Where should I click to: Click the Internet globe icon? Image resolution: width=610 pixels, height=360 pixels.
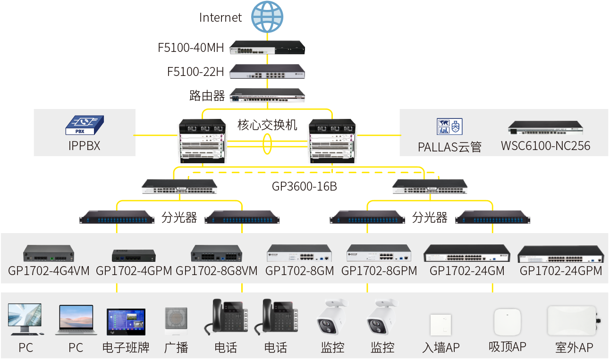tap(267, 17)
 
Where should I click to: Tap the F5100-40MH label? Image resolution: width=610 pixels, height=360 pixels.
tap(191, 48)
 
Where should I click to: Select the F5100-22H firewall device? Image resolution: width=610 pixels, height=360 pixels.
tap(267, 71)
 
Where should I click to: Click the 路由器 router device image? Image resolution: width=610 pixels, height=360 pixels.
tap(267, 95)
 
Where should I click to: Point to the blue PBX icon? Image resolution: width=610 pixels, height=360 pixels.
tap(85, 125)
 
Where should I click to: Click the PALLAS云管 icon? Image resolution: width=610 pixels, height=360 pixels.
tap(449, 126)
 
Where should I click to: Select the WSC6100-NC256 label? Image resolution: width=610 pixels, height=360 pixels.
tap(545, 146)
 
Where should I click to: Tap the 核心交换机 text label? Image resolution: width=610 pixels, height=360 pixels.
tap(267, 125)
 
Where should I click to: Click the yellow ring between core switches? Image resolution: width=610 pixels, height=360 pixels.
tap(267, 144)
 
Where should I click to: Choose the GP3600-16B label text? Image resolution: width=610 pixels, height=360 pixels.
tap(304, 186)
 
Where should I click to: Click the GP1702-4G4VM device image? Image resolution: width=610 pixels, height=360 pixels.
tap(49, 253)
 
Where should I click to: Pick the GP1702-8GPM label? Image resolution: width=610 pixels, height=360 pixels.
tap(379, 271)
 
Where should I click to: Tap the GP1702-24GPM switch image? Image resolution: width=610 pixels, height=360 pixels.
tap(560, 254)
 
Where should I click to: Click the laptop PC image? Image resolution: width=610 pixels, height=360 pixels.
tap(76, 320)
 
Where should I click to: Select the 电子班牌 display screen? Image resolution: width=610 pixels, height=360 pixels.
tap(126, 322)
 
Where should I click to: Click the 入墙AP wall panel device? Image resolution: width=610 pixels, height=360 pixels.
tap(441, 325)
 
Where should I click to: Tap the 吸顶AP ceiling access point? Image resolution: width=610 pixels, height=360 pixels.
tap(508, 322)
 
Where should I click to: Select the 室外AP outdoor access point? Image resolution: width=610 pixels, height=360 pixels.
tap(573, 321)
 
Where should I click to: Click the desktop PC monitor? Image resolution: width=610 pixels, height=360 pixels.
tap(25, 319)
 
